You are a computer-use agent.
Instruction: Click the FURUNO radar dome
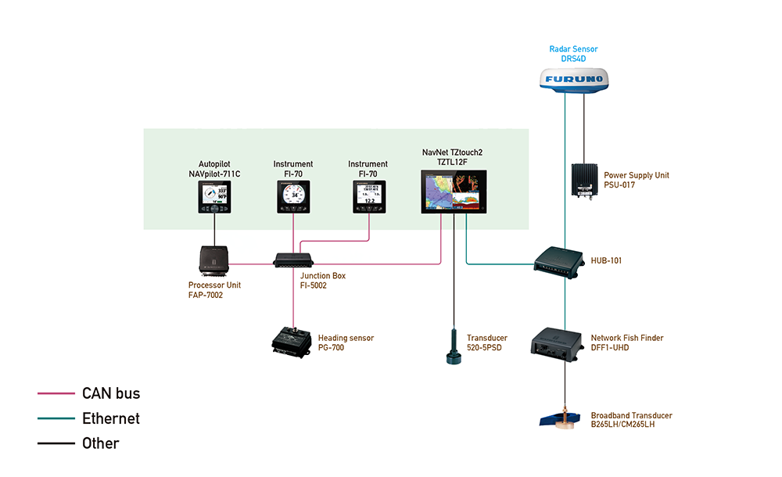[573, 81]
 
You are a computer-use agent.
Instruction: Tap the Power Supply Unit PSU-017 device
[585, 181]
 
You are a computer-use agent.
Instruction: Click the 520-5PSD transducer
[454, 349]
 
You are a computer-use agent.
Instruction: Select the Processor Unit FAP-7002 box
[213, 260]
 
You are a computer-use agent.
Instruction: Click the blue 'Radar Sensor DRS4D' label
[573, 54]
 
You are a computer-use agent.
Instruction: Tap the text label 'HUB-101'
[607, 260]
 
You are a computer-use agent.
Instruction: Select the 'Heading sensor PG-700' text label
[346, 343]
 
